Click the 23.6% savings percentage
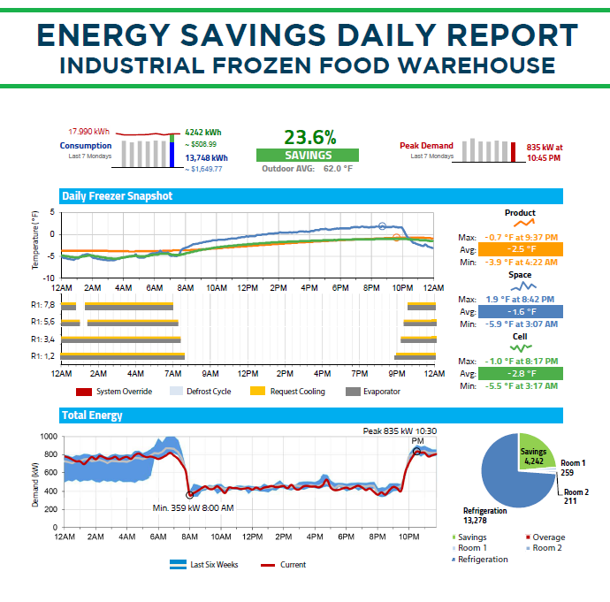309,137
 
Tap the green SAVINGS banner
308,155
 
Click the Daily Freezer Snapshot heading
117,196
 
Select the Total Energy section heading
92,415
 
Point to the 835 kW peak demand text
543,152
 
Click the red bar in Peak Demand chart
513,151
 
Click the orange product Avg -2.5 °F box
520,249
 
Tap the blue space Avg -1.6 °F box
520,311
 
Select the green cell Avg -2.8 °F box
520,374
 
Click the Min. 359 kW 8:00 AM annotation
193,508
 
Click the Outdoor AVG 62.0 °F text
308,168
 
